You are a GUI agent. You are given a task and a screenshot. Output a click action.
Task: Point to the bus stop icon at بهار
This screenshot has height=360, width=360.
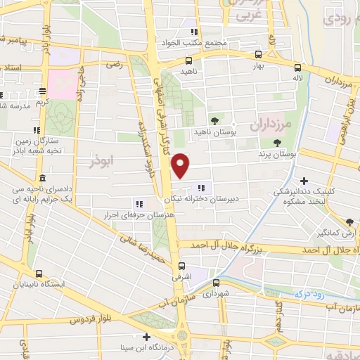pos(259,54)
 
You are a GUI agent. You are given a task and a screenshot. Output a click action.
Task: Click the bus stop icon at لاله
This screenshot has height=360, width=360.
pos(298,67)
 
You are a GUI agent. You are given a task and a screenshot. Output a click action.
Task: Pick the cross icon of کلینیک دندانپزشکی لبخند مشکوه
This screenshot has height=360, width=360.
pos(304,181)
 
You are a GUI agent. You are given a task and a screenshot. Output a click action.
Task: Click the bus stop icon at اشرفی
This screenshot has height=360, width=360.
pos(181,266)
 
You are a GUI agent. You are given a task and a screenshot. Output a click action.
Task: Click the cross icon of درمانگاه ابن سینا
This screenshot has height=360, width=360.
pos(146,337)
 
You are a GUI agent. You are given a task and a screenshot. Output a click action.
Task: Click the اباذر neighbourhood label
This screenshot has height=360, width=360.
pos(103,161)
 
